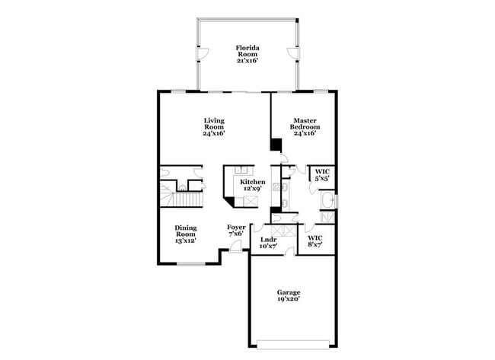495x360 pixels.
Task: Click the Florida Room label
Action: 247,53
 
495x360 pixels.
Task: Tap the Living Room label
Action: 214,126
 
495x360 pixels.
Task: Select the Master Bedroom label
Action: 305,126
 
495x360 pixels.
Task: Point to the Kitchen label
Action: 253,185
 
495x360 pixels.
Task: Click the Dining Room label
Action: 186,233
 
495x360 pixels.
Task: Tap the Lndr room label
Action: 267,243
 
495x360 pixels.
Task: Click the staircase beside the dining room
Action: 183,200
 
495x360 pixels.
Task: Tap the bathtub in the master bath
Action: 329,200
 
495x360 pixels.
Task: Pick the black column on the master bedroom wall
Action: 275,145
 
